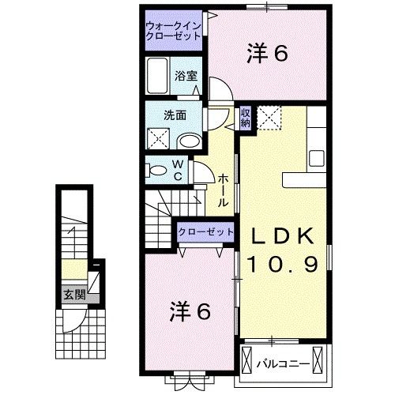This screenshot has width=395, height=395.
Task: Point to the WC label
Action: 179,170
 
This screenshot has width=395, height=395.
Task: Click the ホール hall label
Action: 224,190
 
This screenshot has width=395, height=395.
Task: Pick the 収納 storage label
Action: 246,118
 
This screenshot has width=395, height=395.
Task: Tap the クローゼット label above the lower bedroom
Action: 206,232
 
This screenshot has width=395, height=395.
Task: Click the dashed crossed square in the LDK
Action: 271,118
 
